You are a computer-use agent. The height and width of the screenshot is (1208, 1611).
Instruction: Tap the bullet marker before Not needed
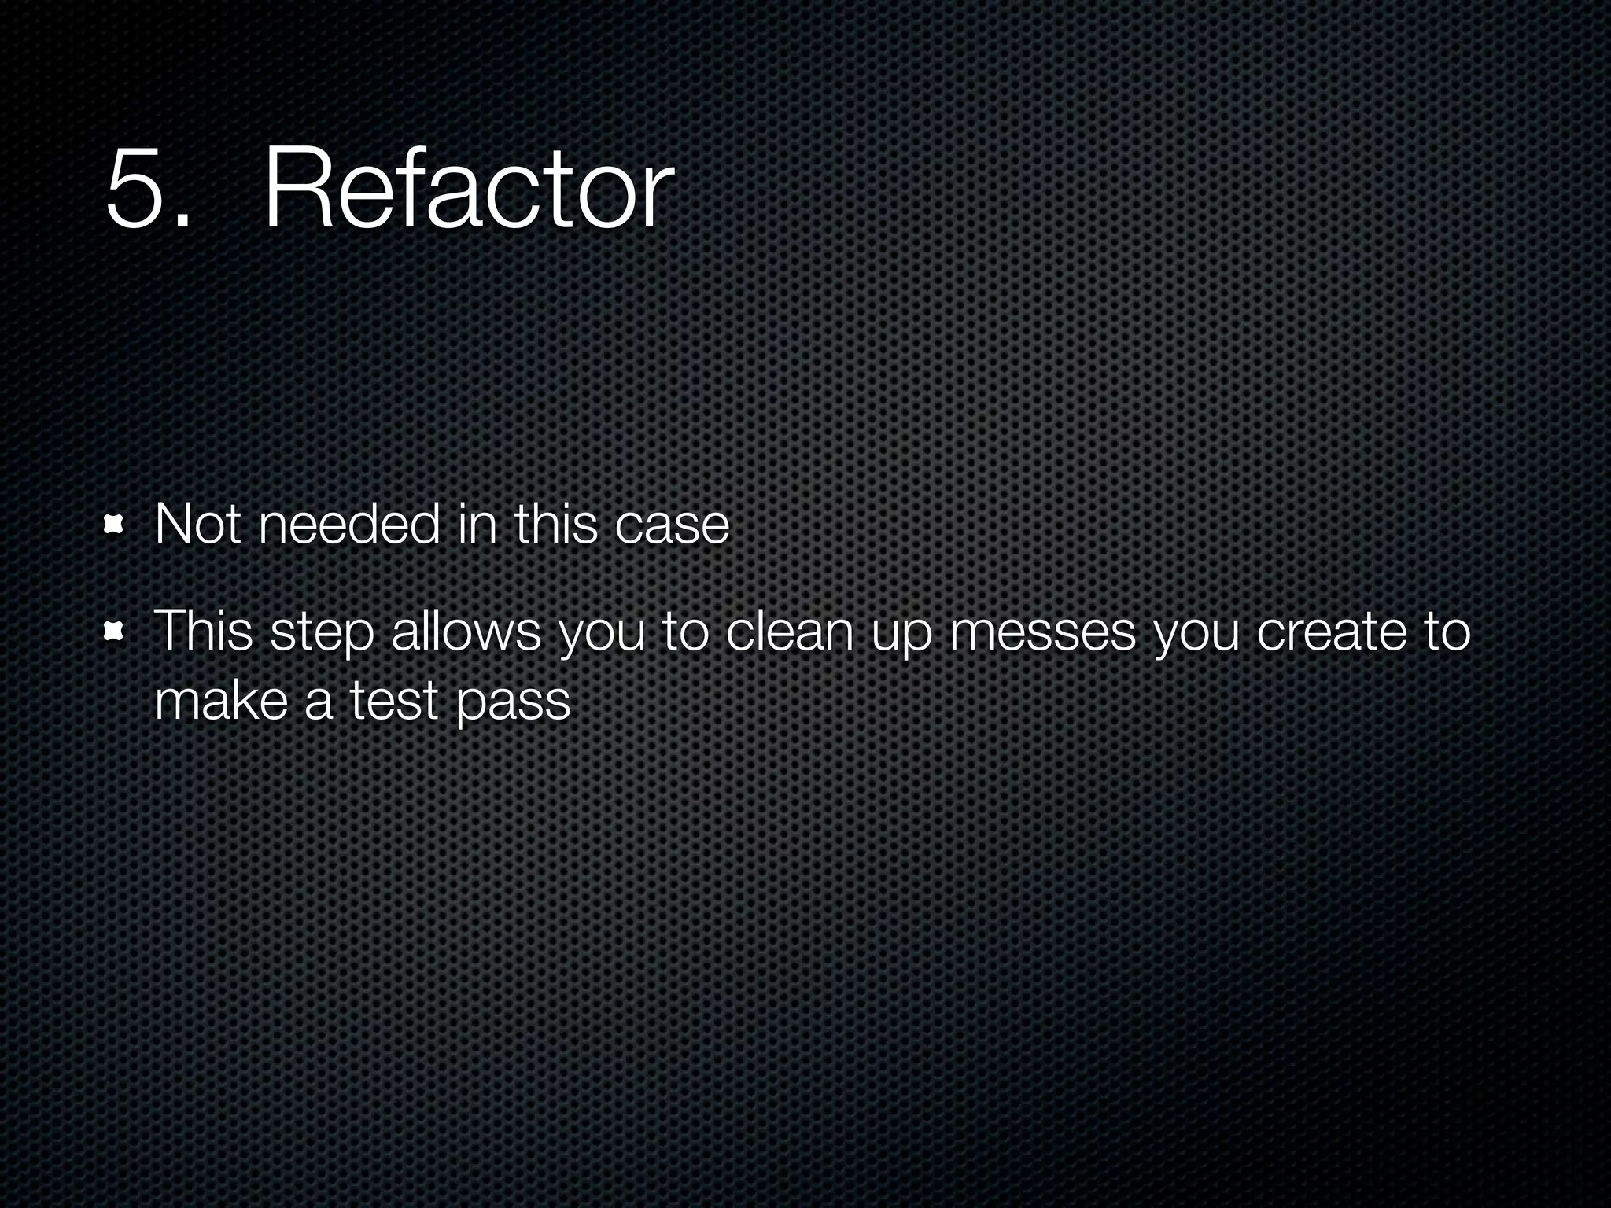(x=115, y=525)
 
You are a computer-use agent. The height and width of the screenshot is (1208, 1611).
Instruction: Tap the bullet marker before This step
(x=115, y=632)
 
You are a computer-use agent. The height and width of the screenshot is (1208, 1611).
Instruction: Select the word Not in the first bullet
(x=197, y=525)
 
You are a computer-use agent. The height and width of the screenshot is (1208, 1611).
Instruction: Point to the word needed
(x=348, y=525)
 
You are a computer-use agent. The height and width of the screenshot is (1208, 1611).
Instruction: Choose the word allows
(x=466, y=631)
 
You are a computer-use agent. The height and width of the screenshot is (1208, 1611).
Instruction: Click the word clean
(x=789, y=631)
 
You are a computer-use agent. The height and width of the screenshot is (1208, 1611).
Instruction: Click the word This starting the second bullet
(x=203, y=631)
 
